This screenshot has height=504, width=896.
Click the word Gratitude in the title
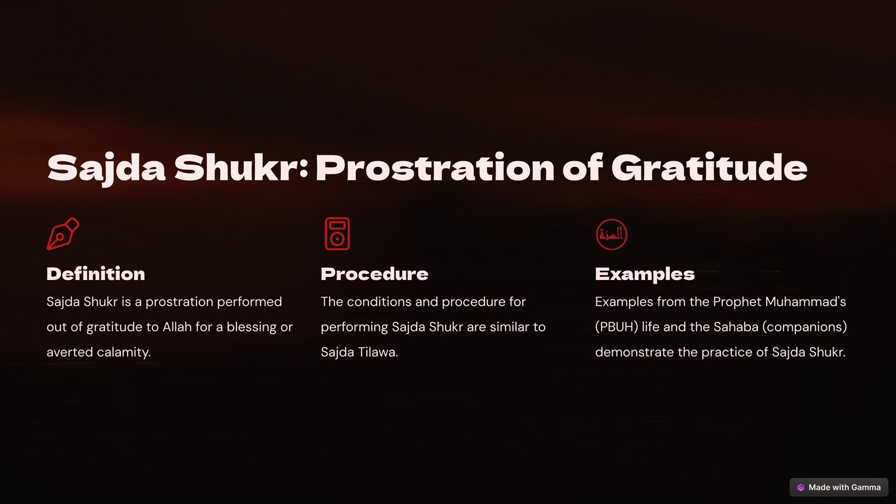(709, 169)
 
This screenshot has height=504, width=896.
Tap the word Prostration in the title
(435, 169)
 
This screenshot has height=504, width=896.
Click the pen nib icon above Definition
(63, 234)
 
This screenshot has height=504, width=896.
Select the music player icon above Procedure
(337, 234)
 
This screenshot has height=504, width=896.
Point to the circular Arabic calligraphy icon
(612, 235)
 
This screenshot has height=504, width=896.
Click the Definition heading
(96, 274)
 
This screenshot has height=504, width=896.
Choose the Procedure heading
(375, 274)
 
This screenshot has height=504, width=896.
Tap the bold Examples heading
(645, 274)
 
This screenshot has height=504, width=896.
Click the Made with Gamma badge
(839, 487)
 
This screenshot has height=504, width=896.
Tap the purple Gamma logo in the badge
(800, 487)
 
